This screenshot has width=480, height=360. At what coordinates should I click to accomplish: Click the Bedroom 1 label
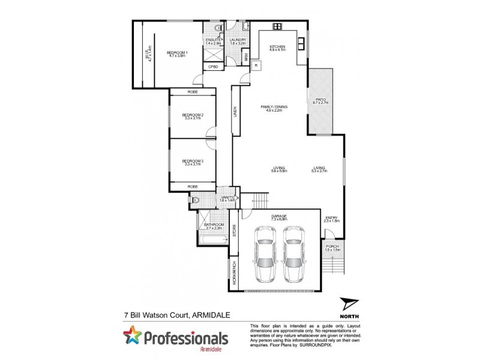point(177,53)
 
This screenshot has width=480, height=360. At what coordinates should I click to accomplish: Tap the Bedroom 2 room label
point(193,115)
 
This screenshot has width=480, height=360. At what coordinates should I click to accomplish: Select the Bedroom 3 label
point(193,161)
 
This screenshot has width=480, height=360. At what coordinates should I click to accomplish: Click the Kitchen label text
point(277,47)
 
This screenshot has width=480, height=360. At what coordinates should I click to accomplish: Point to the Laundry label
point(238,40)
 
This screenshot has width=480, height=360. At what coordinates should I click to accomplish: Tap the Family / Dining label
point(274,107)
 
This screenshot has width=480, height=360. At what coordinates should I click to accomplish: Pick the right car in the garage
point(293,254)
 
